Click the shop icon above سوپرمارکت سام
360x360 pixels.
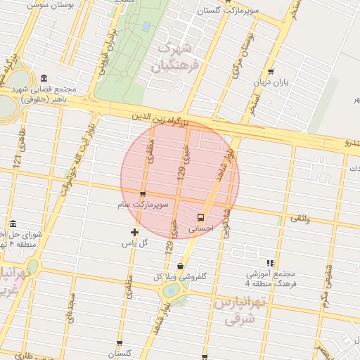coord(143,194)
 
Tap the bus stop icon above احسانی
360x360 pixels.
coord(201,217)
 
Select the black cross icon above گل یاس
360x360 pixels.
coord(135,232)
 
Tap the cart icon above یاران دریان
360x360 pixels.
coord(271,71)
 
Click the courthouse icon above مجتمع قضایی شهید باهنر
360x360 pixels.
coord(44,78)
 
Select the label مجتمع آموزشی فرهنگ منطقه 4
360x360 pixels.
coord(271,278)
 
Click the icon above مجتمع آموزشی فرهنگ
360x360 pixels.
coord(271,263)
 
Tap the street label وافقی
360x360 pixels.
coord(300,219)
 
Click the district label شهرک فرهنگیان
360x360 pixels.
coord(175,57)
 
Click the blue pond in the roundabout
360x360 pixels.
coord(170,289)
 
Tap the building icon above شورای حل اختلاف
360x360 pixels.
coord(12,223)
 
